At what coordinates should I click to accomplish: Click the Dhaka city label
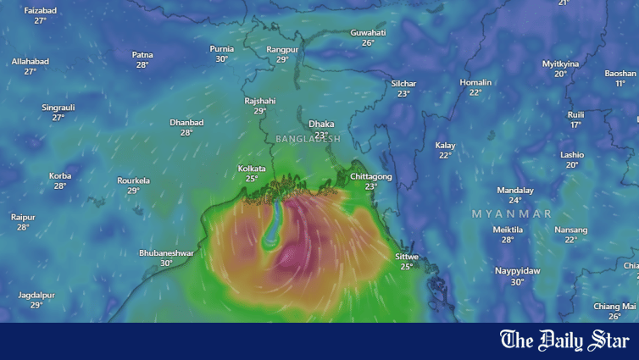tap(321, 124)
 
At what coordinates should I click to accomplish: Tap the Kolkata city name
tap(252, 169)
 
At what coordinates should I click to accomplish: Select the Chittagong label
tap(371, 176)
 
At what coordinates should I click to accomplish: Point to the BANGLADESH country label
tap(308, 139)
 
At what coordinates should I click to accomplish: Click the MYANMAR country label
tap(512, 213)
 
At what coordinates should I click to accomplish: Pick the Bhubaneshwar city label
tap(166, 252)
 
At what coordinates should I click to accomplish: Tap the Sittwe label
tap(407, 256)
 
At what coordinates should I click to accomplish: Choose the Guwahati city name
tap(368, 32)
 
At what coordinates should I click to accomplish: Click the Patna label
tap(142, 55)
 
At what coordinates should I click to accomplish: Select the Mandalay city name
tap(515, 190)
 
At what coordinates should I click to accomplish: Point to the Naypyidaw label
tap(517, 271)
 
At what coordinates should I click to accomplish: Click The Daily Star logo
tap(564, 341)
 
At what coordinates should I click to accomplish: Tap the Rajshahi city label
tap(260, 101)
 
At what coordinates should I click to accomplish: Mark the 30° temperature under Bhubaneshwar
tap(166, 263)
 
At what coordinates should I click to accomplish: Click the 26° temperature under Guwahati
tap(368, 43)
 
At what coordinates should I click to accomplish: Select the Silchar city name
tap(403, 83)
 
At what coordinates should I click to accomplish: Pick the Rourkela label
tap(134, 180)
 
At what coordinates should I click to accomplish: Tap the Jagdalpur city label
tap(36, 295)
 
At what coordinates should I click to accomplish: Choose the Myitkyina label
tap(561, 64)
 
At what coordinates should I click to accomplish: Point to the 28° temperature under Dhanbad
tap(186, 133)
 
